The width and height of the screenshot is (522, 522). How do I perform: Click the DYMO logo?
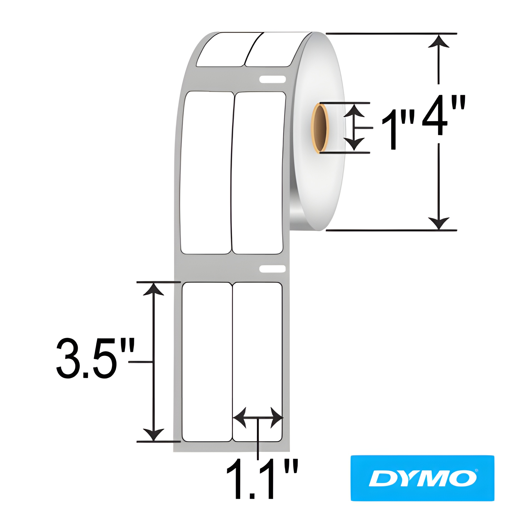click(422, 478)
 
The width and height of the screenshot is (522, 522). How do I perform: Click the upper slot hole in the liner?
click(272, 79)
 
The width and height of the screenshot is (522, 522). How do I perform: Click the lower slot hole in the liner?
click(272, 269)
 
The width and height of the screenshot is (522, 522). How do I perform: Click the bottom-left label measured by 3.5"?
click(207, 351)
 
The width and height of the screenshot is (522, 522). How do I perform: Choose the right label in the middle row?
click(258, 173)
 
